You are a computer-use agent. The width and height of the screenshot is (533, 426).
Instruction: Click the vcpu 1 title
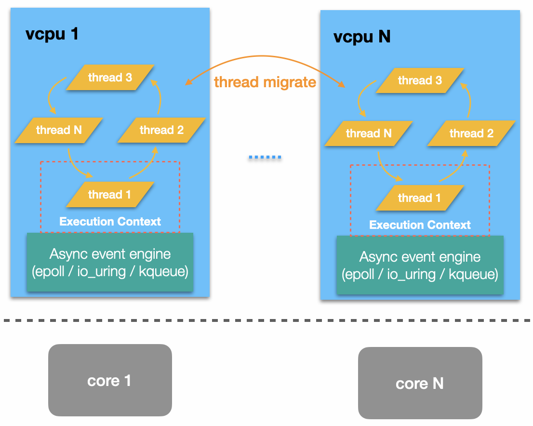point(52,35)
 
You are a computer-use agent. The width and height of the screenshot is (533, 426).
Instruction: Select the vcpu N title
point(362,37)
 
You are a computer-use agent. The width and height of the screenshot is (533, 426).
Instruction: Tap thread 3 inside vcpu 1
point(110,77)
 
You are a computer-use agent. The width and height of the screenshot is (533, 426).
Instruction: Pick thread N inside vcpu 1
point(59,130)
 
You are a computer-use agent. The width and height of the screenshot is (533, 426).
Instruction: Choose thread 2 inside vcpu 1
point(161,130)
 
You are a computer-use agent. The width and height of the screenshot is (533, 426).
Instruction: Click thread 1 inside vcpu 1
point(109,195)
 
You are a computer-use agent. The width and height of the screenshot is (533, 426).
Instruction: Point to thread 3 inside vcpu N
point(420,80)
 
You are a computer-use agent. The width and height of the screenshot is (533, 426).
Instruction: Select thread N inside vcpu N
point(369,133)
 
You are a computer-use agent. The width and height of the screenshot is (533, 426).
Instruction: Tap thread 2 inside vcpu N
point(471,133)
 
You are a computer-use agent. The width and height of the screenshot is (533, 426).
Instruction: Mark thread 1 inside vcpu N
point(419,198)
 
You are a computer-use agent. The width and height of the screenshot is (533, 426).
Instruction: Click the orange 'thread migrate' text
point(265,82)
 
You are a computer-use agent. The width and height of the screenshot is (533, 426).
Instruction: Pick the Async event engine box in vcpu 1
point(110,263)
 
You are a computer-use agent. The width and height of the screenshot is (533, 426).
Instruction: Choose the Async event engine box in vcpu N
point(420,266)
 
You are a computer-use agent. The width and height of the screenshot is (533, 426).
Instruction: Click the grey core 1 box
point(110,381)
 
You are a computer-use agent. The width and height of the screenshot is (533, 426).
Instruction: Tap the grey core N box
point(420,384)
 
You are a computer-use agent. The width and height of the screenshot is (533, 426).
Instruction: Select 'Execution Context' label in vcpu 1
point(110,222)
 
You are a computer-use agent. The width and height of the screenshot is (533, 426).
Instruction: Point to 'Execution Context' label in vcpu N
point(420,225)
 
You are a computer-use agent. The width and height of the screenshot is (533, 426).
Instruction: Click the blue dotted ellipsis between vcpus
point(265,158)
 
